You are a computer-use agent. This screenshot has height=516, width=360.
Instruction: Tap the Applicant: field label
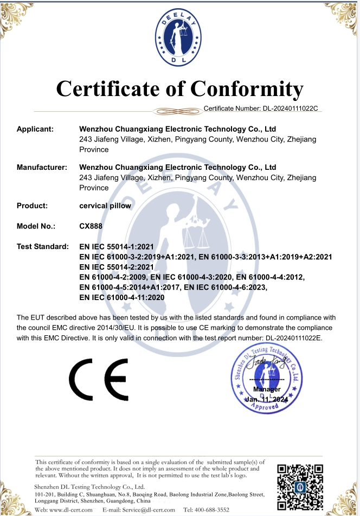(35, 129)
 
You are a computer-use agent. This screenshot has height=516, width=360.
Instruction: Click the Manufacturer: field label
(42, 167)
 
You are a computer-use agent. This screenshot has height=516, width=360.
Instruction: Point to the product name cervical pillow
(105, 206)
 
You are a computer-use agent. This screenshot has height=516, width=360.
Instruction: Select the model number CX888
(91, 226)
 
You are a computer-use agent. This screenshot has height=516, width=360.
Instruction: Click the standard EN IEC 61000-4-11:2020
(121, 297)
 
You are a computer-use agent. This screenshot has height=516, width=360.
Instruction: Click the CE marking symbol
(98, 380)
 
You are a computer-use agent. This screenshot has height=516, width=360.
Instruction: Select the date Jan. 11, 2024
(267, 399)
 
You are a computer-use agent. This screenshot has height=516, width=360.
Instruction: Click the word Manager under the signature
(267, 390)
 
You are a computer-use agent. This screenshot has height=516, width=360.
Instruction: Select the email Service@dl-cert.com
(145, 510)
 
